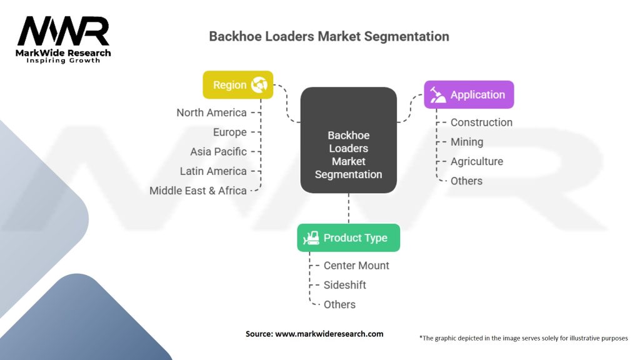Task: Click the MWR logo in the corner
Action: coord(63,39)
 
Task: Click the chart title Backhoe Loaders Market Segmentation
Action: coord(329,36)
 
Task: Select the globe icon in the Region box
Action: coord(259,85)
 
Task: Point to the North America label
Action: coord(211,112)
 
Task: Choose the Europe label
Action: coord(229,132)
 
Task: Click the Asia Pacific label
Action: coord(218,151)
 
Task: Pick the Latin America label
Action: coord(213,171)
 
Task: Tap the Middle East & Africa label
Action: coord(197,191)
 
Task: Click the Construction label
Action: coord(481,122)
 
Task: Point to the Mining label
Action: coord(467,142)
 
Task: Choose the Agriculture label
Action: coord(477,161)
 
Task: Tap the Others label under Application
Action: coord(466,181)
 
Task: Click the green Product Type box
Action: coord(348,238)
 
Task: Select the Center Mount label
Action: coord(356,266)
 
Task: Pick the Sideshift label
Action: coord(345,285)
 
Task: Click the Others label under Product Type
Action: coord(339,304)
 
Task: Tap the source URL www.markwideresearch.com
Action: coord(329,334)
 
